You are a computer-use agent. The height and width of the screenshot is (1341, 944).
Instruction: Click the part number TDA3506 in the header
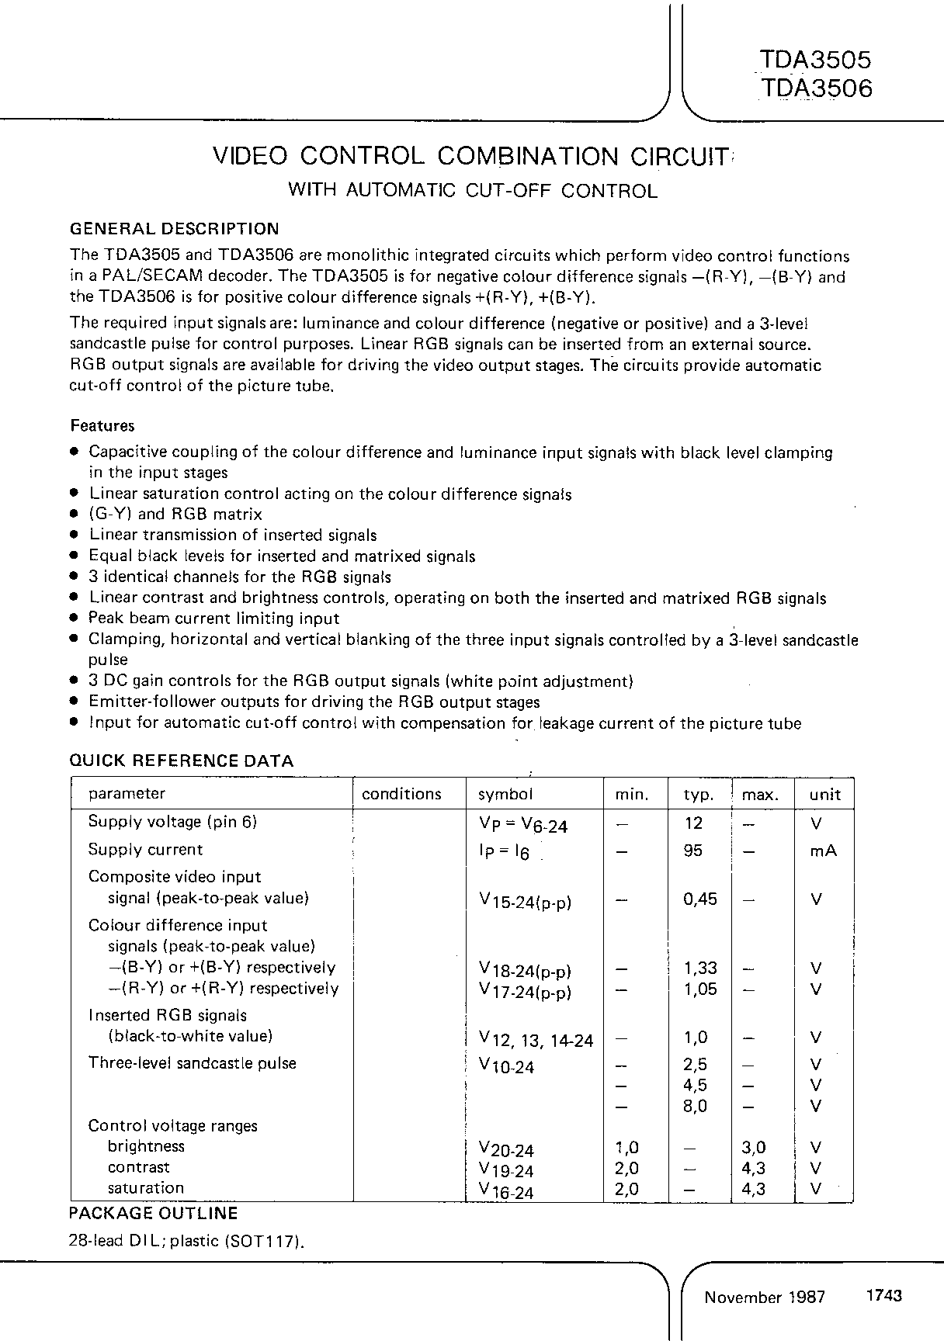point(816,88)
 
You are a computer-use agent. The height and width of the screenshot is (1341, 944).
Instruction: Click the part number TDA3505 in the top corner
point(816,60)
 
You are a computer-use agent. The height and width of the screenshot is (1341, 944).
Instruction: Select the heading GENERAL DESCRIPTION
point(175,229)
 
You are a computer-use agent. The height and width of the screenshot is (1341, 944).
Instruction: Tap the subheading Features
point(102,425)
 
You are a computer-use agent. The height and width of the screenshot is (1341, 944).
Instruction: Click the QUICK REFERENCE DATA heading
point(182,761)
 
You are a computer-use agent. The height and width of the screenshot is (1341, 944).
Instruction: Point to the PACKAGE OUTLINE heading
point(154,1213)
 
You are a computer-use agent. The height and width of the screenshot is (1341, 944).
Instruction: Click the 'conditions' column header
point(401,794)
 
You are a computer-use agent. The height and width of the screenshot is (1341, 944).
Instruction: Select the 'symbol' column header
point(505,794)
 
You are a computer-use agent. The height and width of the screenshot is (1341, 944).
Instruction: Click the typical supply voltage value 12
point(693,823)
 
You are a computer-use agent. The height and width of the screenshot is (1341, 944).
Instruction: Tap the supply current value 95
point(693,851)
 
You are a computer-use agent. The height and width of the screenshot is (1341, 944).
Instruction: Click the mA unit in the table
point(823,851)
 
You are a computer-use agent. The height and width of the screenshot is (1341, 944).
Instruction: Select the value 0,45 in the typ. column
point(700,899)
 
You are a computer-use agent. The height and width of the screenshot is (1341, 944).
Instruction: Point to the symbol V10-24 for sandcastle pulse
point(507,1066)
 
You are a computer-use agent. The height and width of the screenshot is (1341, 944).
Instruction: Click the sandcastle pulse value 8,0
point(695,1106)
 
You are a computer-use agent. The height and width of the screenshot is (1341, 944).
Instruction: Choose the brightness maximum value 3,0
point(754,1147)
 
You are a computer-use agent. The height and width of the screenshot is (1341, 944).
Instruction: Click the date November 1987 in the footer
point(765,1297)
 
